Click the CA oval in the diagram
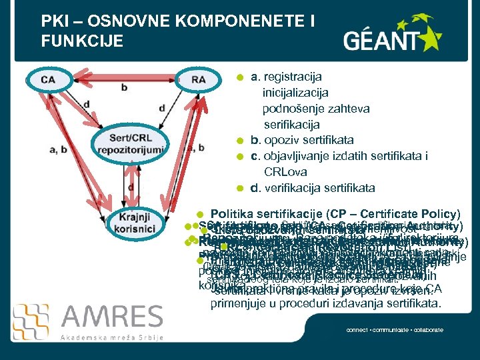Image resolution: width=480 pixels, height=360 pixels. click(x=48, y=80)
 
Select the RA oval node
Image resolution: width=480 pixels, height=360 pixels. click(x=198, y=80)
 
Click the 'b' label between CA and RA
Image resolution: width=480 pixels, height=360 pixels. click(x=125, y=87)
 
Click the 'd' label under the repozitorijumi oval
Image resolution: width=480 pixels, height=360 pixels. click(x=131, y=187)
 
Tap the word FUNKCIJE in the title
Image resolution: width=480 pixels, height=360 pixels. click(x=82, y=41)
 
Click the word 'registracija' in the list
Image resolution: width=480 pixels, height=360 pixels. click(x=295, y=78)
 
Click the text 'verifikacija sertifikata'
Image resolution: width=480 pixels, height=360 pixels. click(x=319, y=188)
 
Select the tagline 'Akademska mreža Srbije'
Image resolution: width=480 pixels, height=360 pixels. click(x=111, y=337)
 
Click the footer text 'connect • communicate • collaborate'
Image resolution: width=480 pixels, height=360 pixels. click(x=395, y=330)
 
